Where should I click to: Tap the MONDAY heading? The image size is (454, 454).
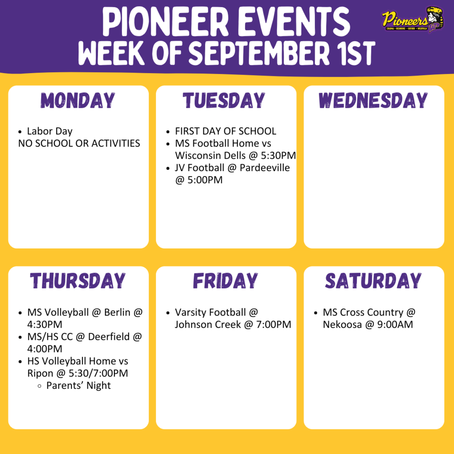click(x=78, y=101)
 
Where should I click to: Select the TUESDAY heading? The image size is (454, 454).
click(x=224, y=101)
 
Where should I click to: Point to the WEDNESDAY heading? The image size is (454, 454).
click(x=373, y=101)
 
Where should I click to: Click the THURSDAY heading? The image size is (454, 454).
click(x=78, y=281)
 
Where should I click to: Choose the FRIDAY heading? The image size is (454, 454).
click(x=225, y=281)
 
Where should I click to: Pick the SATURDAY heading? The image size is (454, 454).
click(x=373, y=281)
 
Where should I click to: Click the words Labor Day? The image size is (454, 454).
click(x=50, y=131)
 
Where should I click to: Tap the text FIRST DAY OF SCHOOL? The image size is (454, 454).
click(x=225, y=131)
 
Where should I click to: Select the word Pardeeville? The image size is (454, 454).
click(x=266, y=168)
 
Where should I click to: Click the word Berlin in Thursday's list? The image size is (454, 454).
click(x=117, y=313)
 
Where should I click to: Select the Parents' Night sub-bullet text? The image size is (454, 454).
click(x=78, y=385)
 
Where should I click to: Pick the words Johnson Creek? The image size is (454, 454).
click(x=202, y=325)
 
